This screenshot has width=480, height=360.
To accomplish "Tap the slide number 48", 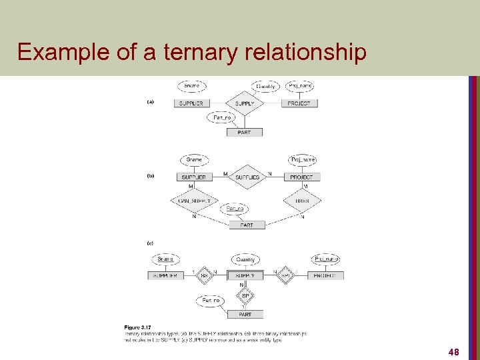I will pyautogui.click(x=454, y=351).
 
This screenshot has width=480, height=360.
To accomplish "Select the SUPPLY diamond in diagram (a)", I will pyautogui.click(x=245, y=103).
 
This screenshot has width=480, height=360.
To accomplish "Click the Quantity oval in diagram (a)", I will pyautogui.click(x=265, y=86).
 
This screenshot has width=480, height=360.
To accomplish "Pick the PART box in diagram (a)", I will pyautogui.click(x=244, y=132).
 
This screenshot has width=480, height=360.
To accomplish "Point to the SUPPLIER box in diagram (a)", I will pyautogui.click(x=191, y=103).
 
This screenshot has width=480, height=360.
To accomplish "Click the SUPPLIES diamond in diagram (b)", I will pyautogui.click(x=247, y=177).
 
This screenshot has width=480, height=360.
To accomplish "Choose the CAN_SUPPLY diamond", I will pyautogui.click(x=194, y=201).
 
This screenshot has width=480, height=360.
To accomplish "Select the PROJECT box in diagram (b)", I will pyautogui.click(x=301, y=177).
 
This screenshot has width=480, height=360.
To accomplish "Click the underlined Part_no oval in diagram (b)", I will pyautogui.click(x=235, y=209).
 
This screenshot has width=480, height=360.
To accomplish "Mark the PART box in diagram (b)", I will pyautogui.click(x=246, y=225).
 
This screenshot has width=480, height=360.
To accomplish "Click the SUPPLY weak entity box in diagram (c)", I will pyautogui.click(x=245, y=275).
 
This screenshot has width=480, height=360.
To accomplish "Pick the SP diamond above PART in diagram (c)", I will pyautogui.click(x=245, y=295).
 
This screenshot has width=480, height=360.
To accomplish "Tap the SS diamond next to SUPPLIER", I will pyautogui.click(x=205, y=275).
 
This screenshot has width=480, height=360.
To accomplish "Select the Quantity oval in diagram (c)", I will pyautogui.click(x=245, y=259).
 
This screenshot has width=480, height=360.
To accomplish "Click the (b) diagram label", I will pyautogui.click(x=150, y=176).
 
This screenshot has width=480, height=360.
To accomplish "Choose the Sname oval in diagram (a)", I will pyautogui.click(x=191, y=86).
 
